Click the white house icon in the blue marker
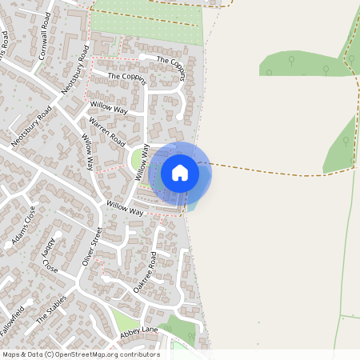pyautogui.click(x=180, y=173)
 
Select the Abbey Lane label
pyautogui.click(x=139, y=330)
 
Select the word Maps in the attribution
pyautogui.click(x=11, y=354)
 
